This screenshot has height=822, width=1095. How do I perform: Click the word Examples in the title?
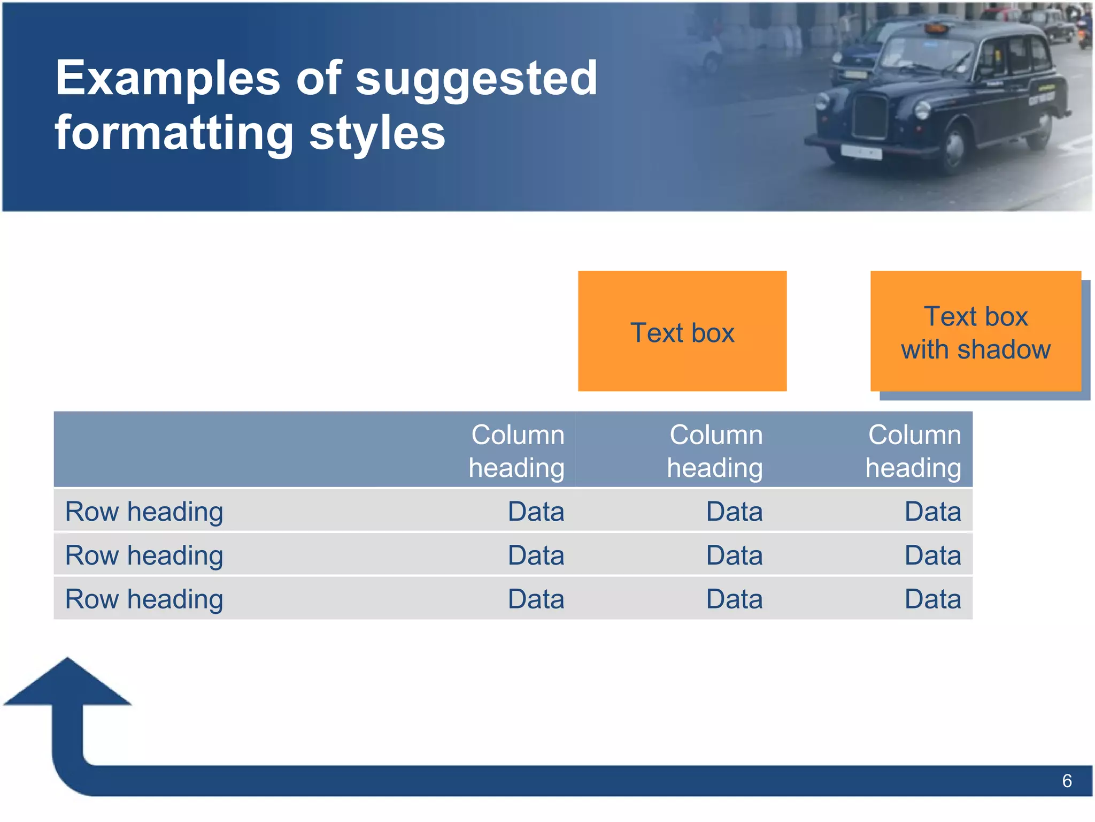click(x=168, y=79)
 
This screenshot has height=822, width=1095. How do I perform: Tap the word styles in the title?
click(x=377, y=134)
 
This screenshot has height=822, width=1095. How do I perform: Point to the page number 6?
click(x=1067, y=781)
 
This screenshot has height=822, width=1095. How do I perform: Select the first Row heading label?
click(x=144, y=512)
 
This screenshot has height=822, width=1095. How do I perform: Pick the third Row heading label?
click(x=144, y=599)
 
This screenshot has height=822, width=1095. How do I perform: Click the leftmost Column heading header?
click(x=516, y=451)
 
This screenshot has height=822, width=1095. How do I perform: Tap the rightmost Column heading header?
click(x=913, y=451)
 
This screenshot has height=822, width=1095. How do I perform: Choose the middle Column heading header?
click(x=715, y=451)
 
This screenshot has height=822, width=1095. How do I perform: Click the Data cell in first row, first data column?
click(x=536, y=512)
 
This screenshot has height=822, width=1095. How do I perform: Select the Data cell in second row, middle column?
click(x=734, y=555)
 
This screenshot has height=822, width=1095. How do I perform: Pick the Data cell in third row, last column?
click(x=932, y=599)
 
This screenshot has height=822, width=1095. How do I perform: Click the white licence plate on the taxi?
click(x=860, y=152)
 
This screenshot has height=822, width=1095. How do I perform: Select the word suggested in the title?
click(x=476, y=79)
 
